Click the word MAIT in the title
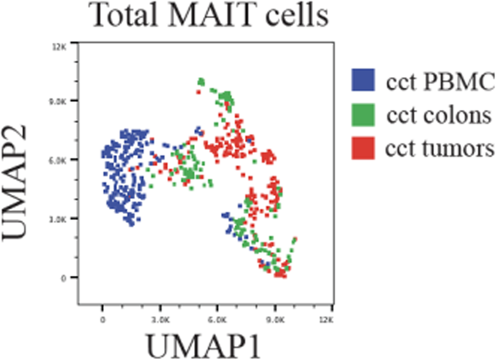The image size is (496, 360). (x=211, y=16)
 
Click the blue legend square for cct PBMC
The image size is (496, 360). (x=363, y=81)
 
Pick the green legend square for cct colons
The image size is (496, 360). (x=363, y=115)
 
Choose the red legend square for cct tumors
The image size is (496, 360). (x=363, y=149)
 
